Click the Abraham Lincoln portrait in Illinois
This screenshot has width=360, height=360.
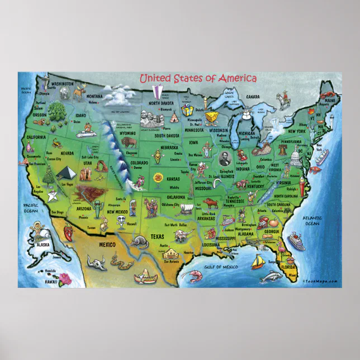click(x=225, y=158)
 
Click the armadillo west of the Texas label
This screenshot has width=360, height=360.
click(x=137, y=241)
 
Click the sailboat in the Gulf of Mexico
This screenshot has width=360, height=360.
click(x=257, y=261)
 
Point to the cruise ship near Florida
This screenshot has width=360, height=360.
click(x=295, y=241)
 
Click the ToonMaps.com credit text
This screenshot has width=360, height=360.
click(x=321, y=281)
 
